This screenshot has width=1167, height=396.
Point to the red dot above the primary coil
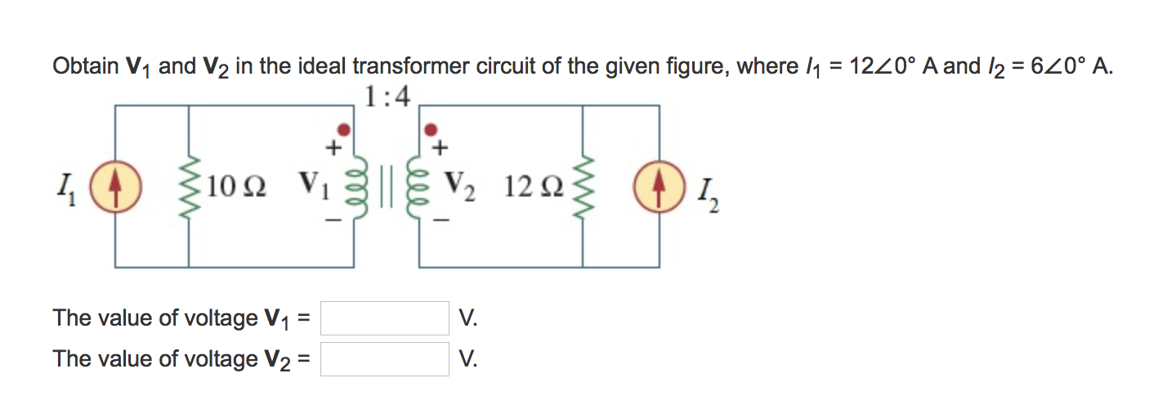346,129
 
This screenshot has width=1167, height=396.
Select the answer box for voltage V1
385,318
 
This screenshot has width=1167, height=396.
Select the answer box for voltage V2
385,359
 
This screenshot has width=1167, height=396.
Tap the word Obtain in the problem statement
84,66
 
